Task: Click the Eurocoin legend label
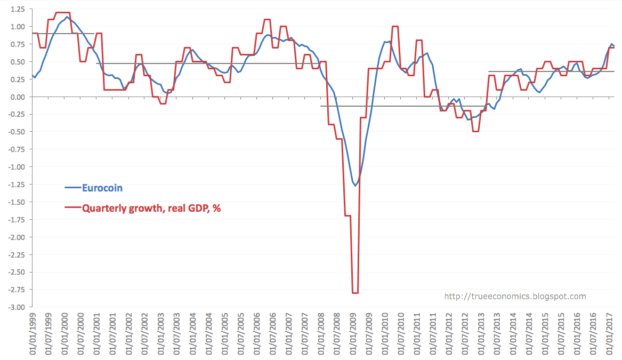(102, 188)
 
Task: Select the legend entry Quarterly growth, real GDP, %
(151, 209)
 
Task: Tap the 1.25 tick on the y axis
(17, 10)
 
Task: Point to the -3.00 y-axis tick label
(16, 307)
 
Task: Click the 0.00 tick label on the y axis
(17, 97)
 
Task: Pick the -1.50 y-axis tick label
(16, 202)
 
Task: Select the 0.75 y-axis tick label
(17, 45)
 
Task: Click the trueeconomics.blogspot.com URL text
(515, 297)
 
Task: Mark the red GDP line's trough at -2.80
(355, 293)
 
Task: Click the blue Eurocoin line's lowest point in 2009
(355, 186)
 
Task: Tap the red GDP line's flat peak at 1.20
(63, 12)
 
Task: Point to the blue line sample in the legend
(72, 188)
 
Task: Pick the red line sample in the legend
(72, 209)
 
